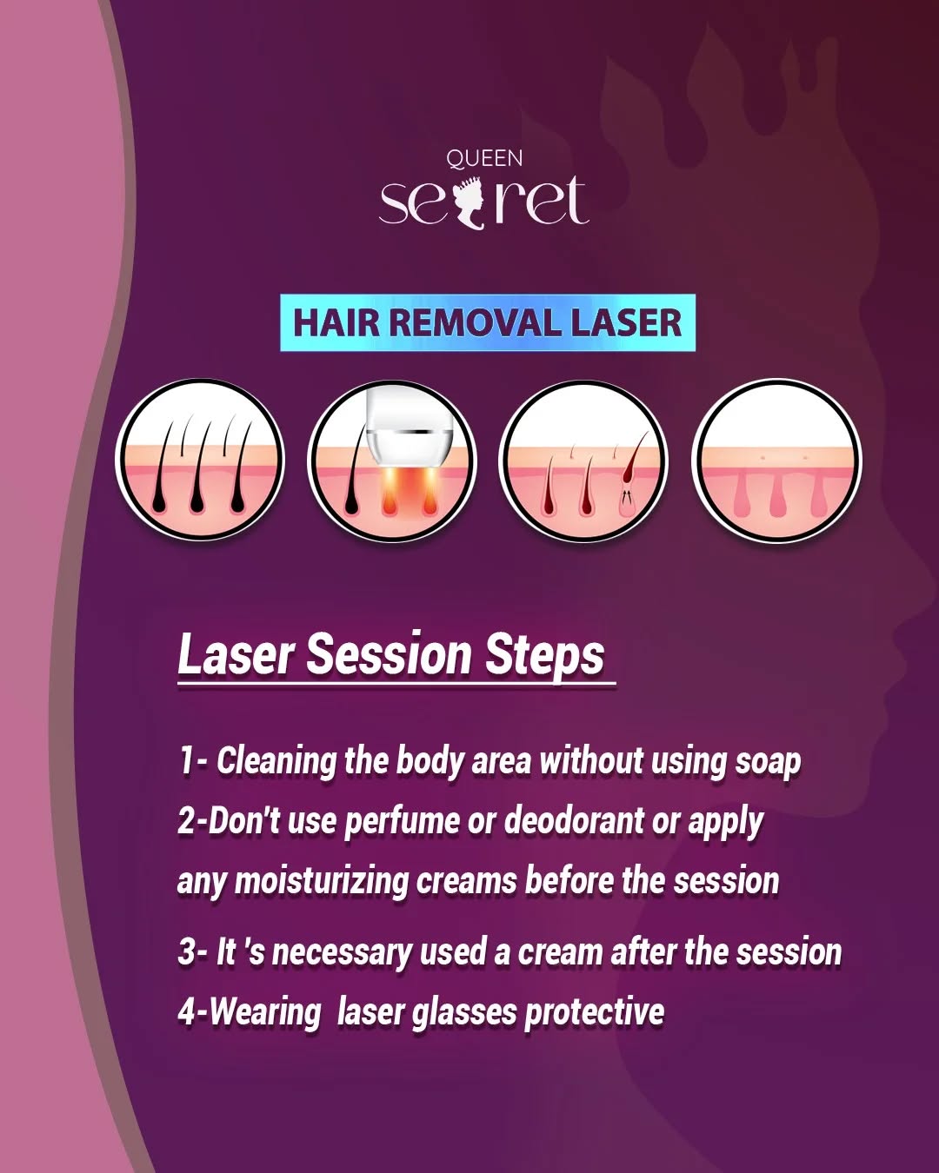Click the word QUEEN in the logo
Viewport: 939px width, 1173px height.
(x=484, y=159)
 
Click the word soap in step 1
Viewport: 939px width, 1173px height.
(x=767, y=762)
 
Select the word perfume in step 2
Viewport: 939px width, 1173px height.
(x=402, y=822)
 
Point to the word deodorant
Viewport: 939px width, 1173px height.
(x=574, y=821)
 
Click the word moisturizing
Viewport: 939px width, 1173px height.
(x=322, y=882)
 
